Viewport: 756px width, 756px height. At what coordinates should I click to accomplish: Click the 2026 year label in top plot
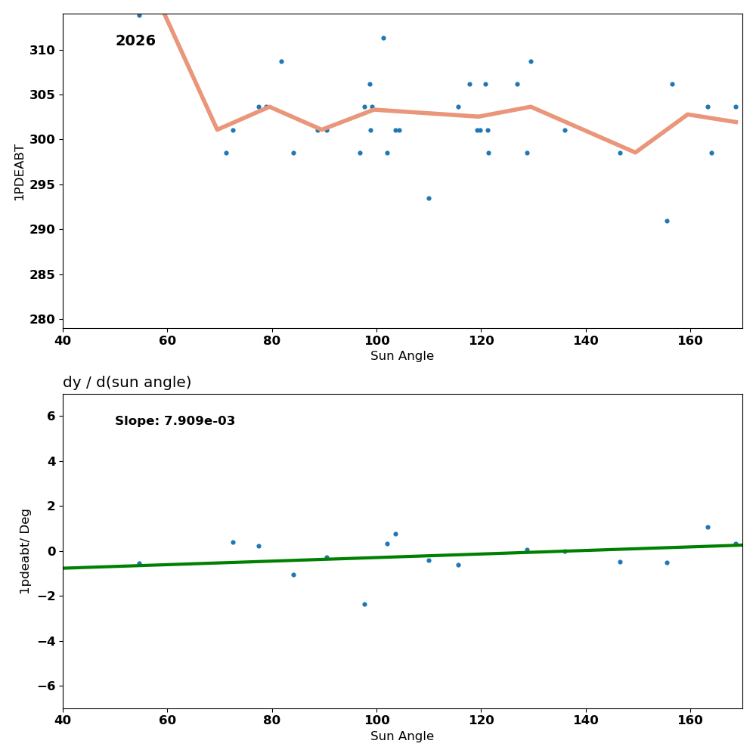pos(135,41)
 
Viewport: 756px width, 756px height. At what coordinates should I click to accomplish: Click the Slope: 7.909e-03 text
pos(175,421)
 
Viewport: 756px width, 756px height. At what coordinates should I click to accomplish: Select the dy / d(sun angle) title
pos(127,383)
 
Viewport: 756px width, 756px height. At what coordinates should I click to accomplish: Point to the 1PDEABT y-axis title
pos(20,172)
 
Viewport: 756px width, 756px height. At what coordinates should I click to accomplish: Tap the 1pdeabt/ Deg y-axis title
pos(25,551)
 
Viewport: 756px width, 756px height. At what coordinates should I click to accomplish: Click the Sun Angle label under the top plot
pos(402,356)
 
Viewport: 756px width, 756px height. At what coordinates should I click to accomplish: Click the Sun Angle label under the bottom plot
pos(402,736)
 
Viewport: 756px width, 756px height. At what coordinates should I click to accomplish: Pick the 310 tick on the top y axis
pos(42,50)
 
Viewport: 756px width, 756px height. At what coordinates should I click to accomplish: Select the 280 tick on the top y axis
pos(42,319)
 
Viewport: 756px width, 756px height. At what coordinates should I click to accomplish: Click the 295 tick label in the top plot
pos(42,184)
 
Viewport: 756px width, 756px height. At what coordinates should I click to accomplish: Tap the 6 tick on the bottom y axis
pos(51,416)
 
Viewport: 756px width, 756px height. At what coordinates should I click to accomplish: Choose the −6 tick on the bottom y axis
pos(47,686)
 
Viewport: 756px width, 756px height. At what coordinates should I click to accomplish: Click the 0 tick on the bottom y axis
pos(51,551)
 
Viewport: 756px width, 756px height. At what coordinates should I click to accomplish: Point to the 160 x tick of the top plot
pos(690,340)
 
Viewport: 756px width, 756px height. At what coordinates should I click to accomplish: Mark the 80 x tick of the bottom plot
pos(271,720)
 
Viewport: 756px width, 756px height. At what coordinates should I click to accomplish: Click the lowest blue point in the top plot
pos(667,221)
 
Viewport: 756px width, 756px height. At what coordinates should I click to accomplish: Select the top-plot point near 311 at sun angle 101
pos(383,38)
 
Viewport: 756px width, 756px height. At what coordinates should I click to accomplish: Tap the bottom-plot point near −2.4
pos(364,604)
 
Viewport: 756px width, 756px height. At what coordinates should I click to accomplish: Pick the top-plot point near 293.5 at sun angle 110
pos(429,198)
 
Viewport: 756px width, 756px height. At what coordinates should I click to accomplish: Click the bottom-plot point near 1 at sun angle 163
pos(708,527)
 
